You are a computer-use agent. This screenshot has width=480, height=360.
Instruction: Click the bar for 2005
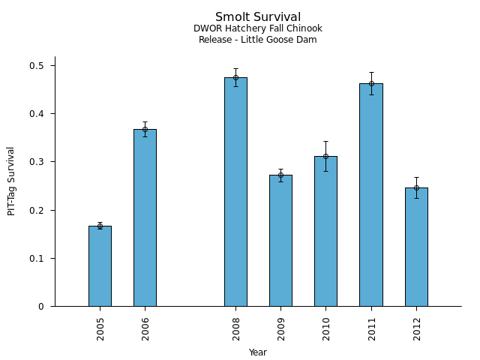pos(100,265)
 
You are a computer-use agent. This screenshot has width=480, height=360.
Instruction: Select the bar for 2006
pos(145,217)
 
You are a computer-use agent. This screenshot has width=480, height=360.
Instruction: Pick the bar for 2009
pos(280,240)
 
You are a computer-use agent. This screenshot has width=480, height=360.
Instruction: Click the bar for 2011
pos(371,195)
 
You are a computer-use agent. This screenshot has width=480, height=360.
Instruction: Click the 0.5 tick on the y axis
pos(37,66)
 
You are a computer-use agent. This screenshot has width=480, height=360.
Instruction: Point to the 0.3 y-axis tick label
pos(37,162)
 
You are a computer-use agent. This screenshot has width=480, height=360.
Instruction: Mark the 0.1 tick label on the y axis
pos(37,258)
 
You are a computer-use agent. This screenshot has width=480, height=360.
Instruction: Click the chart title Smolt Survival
pos(258,17)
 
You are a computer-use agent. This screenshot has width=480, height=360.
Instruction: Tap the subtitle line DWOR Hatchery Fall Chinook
pos(258,29)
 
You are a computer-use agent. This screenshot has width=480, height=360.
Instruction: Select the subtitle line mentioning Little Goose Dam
pos(258,40)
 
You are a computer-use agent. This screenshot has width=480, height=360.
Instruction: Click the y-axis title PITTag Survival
pos(11,181)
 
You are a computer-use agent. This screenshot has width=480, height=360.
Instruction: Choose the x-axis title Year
pos(258,352)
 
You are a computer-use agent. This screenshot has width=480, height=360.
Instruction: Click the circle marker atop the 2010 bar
pos(325,157)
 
